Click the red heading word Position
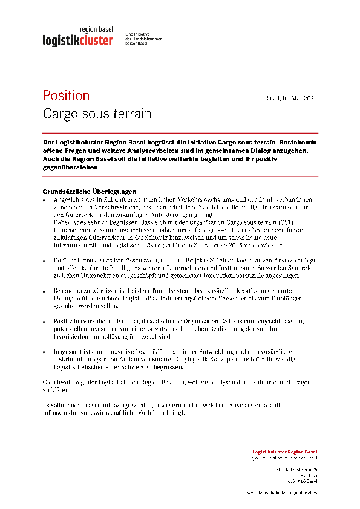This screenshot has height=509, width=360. click(66, 96)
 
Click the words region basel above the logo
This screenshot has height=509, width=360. click(96, 30)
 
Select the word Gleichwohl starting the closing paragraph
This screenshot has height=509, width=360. click(57, 383)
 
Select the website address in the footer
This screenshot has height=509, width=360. click(282, 493)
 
